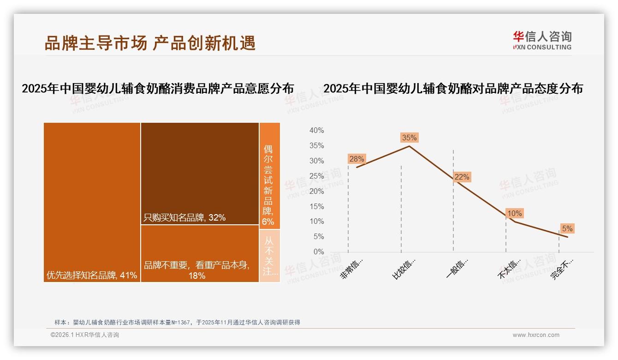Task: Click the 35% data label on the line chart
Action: pyautogui.click(x=409, y=138)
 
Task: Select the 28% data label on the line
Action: pyautogui.click(x=357, y=159)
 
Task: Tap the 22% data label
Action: pyautogui.click(x=462, y=177)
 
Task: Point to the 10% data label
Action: pyautogui.click(x=514, y=213)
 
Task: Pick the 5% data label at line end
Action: pyautogui.click(x=567, y=228)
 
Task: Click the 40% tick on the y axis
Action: pyautogui.click(x=316, y=131)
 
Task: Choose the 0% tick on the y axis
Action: pyautogui.click(x=319, y=252)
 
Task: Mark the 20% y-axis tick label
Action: pyautogui.click(x=316, y=191)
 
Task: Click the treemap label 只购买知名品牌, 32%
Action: pyautogui.click(x=184, y=217)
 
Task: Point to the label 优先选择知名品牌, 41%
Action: pyautogui.click(x=92, y=276)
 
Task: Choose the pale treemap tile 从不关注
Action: pyautogui.click(x=269, y=256)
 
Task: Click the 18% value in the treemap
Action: pyautogui.click(x=197, y=276)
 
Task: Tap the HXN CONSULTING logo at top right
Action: pyautogui.click(x=542, y=41)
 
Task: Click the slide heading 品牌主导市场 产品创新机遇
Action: pyautogui.click(x=150, y=43)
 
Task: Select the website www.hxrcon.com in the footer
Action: pyautogui.click(x=536, y=335)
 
